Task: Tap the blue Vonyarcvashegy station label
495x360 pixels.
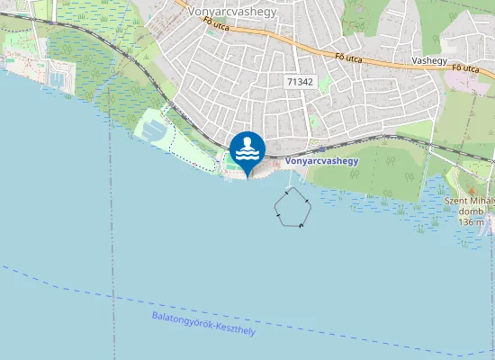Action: point(321,161)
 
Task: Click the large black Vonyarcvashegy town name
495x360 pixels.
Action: point(232,13)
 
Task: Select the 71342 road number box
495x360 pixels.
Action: point(300,81)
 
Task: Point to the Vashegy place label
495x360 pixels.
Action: point(429,60)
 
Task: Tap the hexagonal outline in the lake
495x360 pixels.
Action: point(292,209)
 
